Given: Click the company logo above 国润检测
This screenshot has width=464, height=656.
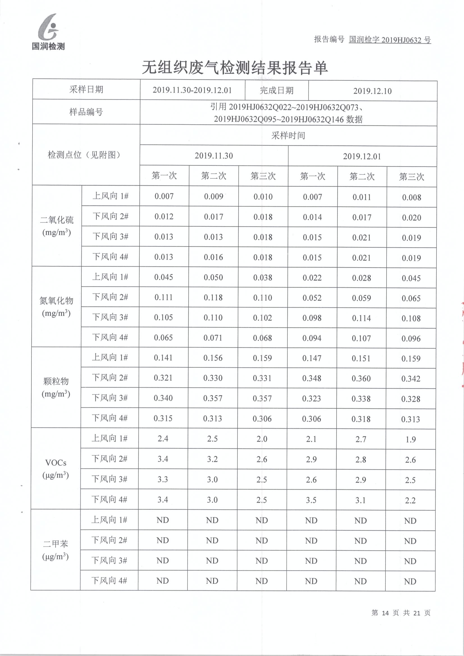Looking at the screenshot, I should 49,27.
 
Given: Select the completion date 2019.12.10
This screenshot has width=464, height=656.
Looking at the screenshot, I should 372,91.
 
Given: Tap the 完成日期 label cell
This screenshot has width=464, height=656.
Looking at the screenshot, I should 276,91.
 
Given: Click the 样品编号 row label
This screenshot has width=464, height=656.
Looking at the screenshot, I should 86,112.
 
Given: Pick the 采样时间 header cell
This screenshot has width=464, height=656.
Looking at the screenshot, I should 288,136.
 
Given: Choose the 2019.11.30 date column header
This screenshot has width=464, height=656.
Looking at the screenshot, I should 214,156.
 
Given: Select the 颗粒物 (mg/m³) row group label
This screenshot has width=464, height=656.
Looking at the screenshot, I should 56,387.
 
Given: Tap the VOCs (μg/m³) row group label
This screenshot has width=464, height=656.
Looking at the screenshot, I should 56,469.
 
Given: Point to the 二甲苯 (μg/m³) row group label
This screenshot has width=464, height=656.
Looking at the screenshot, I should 56,550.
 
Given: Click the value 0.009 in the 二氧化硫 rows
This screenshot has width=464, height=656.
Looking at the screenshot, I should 214,197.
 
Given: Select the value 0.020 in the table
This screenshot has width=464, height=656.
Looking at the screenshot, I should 412,218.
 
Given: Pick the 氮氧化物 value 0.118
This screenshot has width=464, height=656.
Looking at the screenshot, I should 213,297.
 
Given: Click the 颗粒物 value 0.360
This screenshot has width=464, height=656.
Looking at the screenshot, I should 361,379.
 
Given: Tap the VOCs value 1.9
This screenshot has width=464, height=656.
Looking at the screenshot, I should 411,439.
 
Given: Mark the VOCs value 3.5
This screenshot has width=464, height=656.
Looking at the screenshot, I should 311,500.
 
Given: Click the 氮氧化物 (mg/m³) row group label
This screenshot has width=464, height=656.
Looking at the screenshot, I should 56,307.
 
